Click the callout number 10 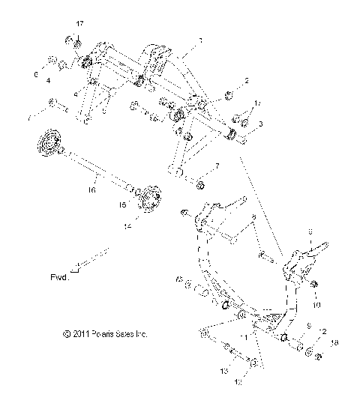tap(316, 305)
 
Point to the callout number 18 tap(334, 343)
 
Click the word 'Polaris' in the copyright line tap(104, 334)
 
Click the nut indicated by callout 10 tap(314, 285)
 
